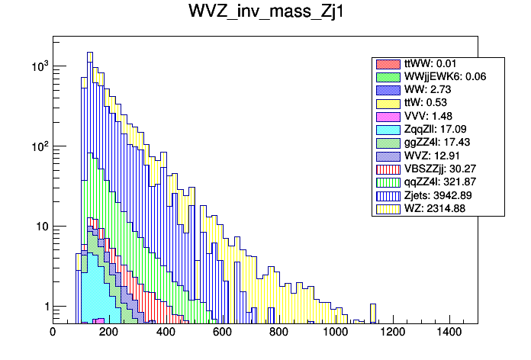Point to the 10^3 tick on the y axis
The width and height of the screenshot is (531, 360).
tap(39, 66)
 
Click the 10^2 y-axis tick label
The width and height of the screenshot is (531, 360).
tap(39, 146)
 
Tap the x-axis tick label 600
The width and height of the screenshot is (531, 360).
tap(222, 333)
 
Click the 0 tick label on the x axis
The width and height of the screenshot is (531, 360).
tap(53, 333)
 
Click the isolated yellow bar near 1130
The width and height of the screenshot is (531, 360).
tap(373, 313)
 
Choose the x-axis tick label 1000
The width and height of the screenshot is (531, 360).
tap(335, 333)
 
